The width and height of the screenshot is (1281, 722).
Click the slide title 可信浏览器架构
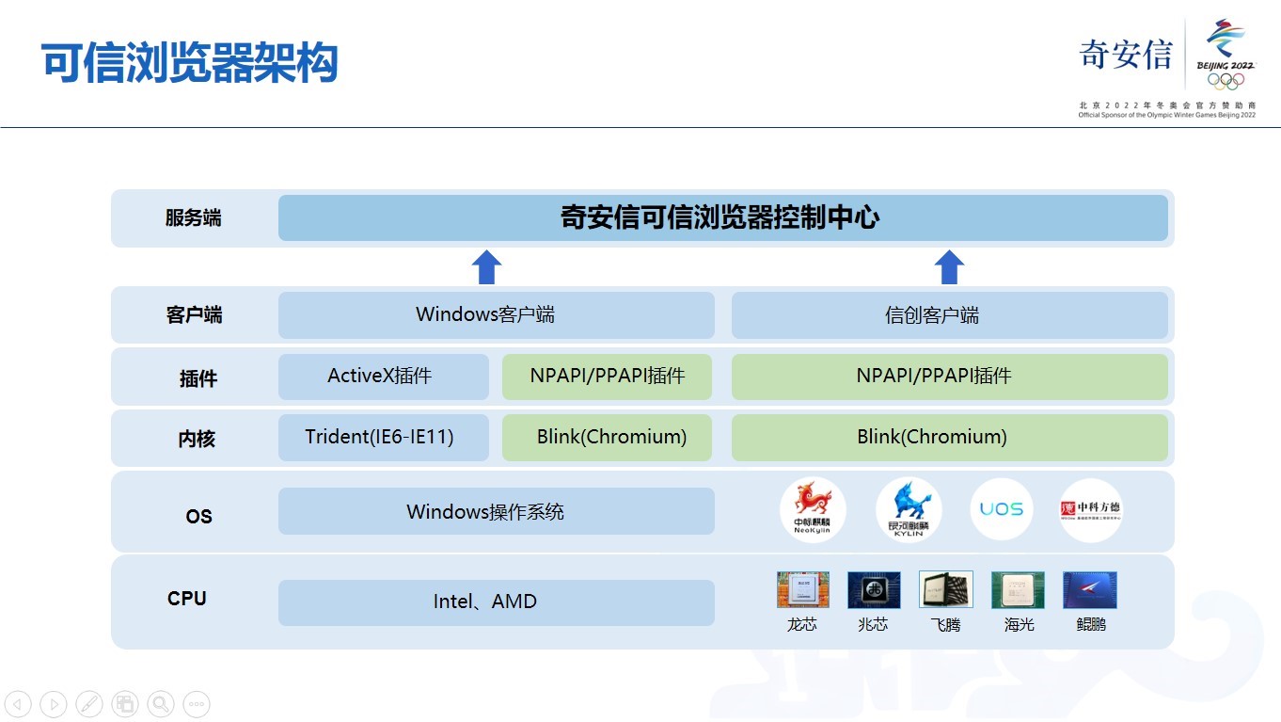(190, 64)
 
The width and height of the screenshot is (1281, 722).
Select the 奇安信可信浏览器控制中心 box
(722, 218)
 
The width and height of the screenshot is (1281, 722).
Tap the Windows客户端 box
(496, 314)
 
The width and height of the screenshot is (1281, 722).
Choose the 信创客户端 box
(949, 315)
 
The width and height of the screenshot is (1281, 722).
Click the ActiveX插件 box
(383, 377)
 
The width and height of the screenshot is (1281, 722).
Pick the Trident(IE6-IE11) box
(383, 438)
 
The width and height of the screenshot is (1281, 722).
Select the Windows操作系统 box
(496, 512)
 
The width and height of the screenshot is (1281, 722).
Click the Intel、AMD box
(496, 602)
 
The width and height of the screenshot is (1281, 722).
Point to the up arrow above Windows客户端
(485, 267)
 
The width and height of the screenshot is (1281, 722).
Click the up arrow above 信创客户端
(949, 267)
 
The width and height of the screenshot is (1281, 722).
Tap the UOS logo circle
(1002, 509)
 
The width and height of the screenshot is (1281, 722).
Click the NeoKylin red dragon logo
(813, 509)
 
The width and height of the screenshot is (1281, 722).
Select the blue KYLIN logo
(909, 509)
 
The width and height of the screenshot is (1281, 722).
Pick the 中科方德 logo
(1091, 509)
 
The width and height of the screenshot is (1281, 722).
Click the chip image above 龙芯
(802, 589)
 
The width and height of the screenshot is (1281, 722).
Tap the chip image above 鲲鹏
(1090, 589)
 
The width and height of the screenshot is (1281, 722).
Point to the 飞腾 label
(945, 624)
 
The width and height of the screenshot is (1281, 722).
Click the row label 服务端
(194, 218)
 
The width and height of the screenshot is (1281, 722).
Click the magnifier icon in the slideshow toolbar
(161, 703)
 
